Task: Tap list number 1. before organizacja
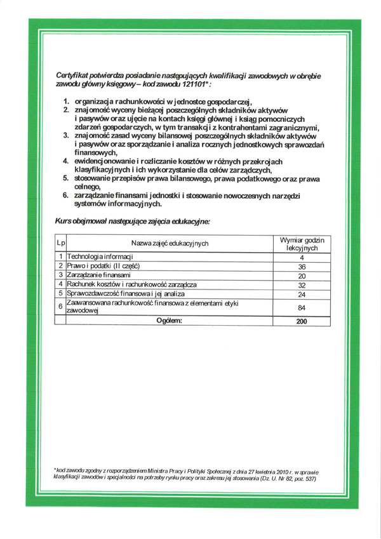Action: (x=66, y=101)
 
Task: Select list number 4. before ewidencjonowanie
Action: (x=66, y=162)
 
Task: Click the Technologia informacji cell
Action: (x=104, y=256)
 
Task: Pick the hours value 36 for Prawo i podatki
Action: (x=302, y=267)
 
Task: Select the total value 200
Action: (x=302, y=322)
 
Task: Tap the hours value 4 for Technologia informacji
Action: (x=302, y=257)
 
